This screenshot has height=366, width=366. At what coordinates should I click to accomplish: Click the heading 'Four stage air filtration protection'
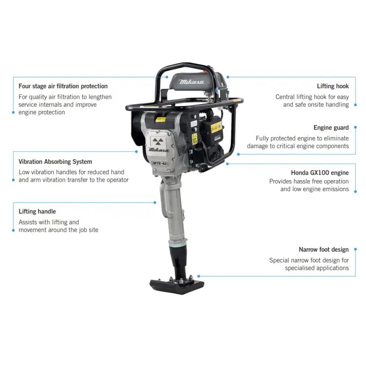[63, 86]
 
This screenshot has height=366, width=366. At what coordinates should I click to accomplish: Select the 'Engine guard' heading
[331, 128]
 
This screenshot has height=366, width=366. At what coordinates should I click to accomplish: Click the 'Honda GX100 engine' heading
[320, 173]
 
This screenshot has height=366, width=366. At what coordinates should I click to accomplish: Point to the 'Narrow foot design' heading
[324, 250]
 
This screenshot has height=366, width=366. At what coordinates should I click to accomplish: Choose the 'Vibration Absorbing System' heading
[55, 162]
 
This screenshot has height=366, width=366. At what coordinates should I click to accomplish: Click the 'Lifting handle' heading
[37, 211]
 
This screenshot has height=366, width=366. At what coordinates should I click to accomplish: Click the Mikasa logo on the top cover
[190, 82]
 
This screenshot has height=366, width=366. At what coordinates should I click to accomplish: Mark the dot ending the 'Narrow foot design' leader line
[198, 276]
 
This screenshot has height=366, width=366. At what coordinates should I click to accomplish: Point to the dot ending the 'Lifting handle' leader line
[156, 202]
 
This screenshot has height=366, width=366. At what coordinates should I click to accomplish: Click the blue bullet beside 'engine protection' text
[13, 112]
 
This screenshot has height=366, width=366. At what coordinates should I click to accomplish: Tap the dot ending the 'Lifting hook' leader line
[227, 77]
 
